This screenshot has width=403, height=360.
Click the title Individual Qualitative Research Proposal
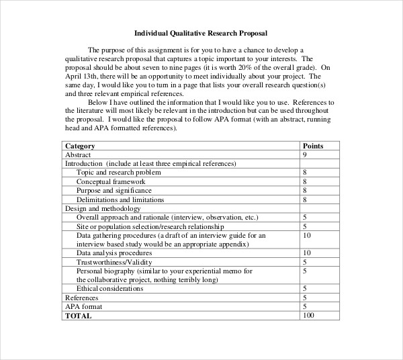[201, 32]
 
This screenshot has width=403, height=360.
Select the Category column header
[79, 146]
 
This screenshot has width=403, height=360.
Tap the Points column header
[314, 146]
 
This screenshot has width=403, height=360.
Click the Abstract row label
[77, 154]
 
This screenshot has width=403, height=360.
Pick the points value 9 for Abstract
[305, 154]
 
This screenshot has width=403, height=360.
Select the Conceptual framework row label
[110, 181]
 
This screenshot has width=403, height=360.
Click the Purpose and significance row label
[114, 190]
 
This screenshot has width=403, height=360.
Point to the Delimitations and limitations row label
[120, 199]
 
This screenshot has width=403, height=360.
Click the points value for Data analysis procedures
[307, 253]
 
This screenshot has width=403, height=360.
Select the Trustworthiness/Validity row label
[111, 262]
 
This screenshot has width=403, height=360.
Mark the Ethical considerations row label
[109, 288]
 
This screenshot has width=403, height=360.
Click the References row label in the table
[81, 298]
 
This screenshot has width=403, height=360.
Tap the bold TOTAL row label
[77, 315]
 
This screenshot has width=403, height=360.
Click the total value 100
[309, 315]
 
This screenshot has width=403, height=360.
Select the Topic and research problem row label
[118, 173]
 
